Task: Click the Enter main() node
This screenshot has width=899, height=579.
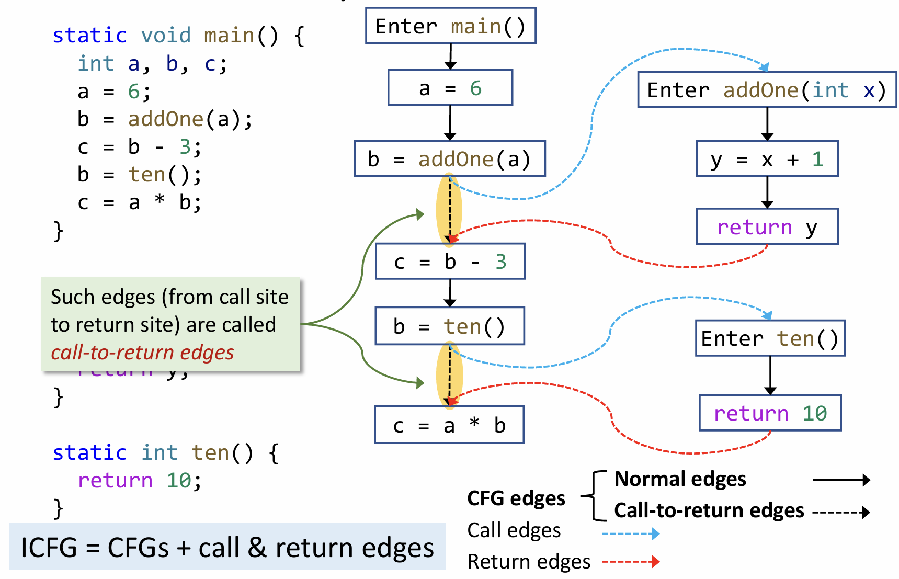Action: point(450,26)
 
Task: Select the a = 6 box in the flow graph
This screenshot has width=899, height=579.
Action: point(450,87)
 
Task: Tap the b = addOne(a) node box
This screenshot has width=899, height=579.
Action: point(449,158)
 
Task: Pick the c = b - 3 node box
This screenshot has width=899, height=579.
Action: point(450,261)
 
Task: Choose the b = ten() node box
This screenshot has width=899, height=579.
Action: point(449,326)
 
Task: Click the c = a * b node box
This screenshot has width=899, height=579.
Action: point(449,425)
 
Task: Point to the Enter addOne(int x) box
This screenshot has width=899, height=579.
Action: point(767,90)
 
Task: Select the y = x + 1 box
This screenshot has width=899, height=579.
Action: point(767,158)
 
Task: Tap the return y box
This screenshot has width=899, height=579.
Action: point(767,226)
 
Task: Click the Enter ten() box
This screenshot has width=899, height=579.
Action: point(770,338)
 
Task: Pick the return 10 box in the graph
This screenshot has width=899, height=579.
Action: point(770,413)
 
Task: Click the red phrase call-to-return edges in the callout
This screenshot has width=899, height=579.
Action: point(142,353)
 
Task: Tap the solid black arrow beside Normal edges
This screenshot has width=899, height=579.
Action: point(841,480)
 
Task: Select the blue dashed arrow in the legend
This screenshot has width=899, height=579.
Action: point(630,533)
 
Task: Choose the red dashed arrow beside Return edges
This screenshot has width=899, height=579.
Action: point(630,562)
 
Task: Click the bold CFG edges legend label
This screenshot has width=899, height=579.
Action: point(516,498)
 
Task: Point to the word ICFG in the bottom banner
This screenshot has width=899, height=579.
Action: point(49,548)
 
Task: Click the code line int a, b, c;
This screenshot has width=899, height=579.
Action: point(152,64)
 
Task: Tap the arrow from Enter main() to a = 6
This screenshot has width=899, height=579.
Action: point(450,56)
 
